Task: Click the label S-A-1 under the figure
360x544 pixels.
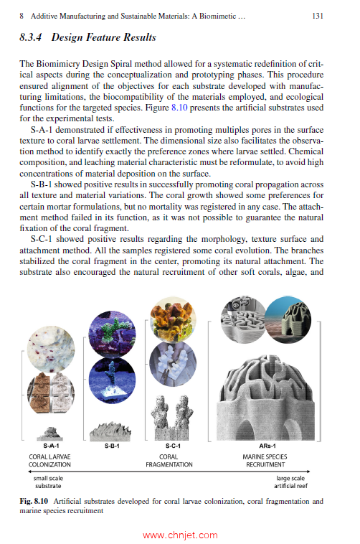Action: [51, 445]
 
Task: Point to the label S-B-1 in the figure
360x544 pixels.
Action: [111, 445]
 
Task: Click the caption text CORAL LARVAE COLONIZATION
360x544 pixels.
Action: [51, 460]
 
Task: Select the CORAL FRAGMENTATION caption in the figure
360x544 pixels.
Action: [169, 460]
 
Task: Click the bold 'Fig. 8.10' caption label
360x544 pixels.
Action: [34, 502]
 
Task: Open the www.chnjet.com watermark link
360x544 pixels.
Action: [180, 535]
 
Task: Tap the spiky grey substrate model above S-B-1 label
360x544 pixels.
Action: [112, 429]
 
